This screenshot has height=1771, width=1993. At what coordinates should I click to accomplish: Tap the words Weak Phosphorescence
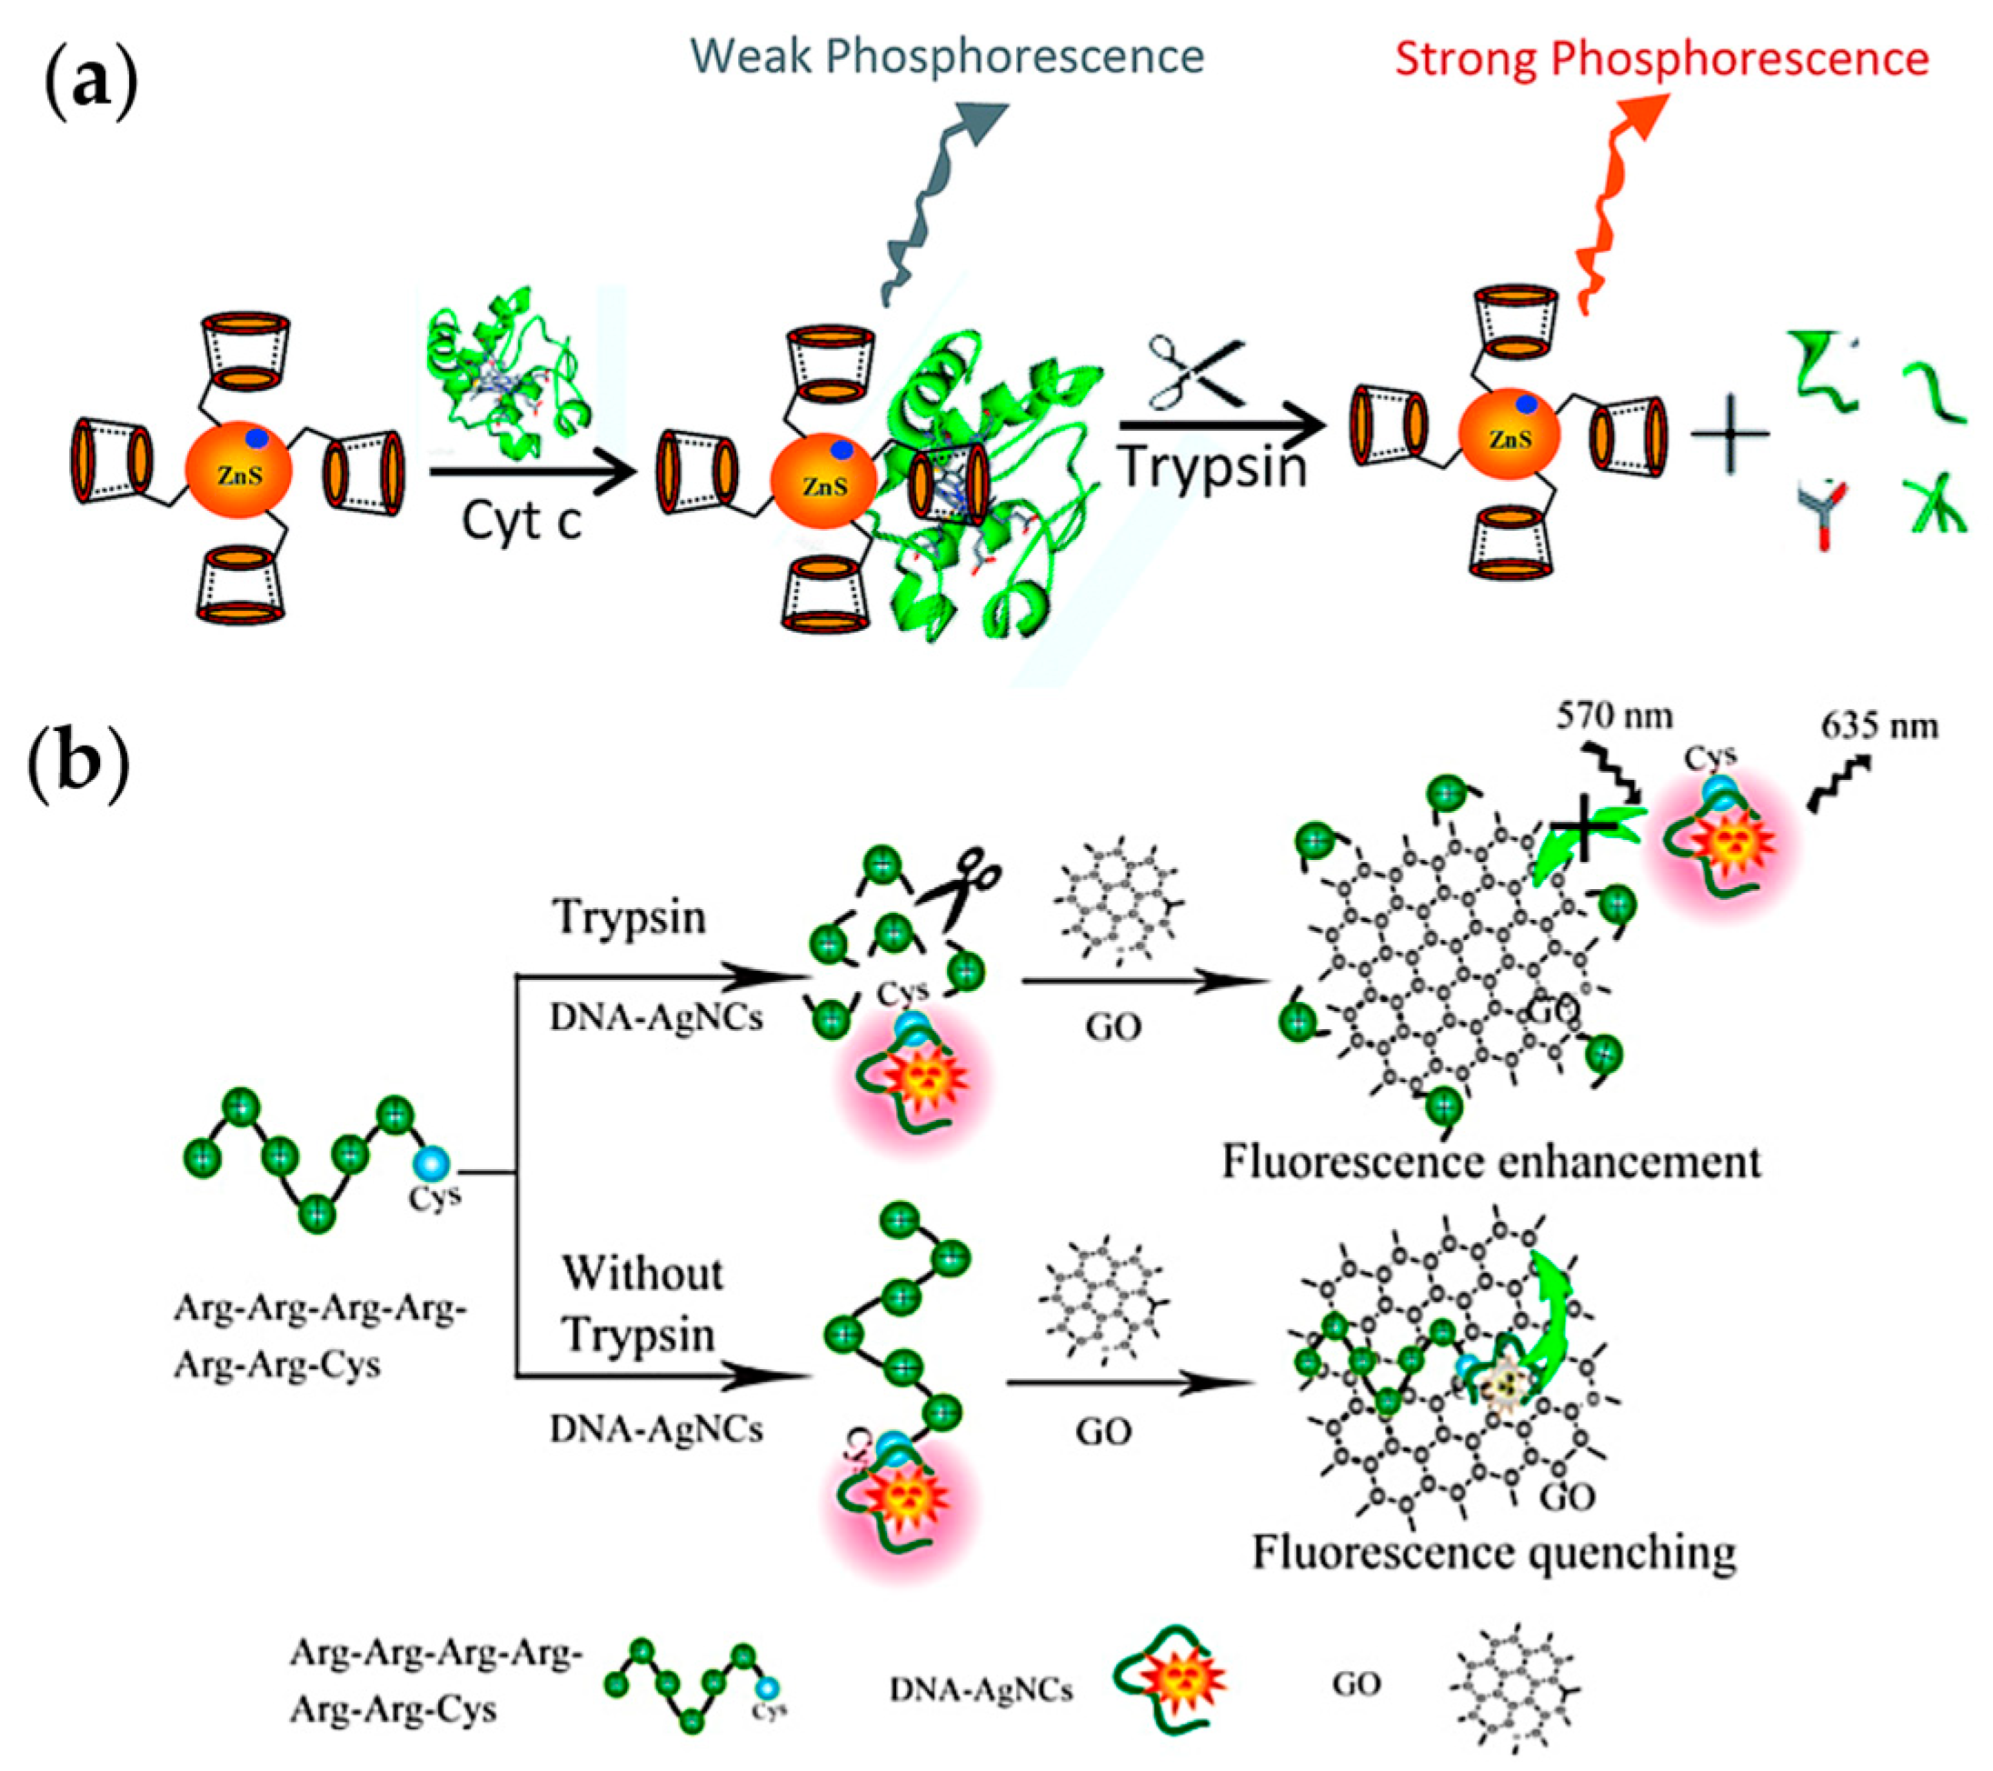pos(947,55)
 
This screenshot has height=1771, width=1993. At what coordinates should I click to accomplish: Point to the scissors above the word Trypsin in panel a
pos(1195,373)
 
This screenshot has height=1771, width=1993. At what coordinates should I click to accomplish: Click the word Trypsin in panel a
pos(1212,466)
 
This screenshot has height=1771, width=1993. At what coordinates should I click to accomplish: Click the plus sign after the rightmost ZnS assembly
pos(1729,434)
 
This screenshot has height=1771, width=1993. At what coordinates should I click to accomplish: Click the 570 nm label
pos(1614,716)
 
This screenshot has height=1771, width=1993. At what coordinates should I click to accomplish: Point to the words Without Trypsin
pos(642,1304)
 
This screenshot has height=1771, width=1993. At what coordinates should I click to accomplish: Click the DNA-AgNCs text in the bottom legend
pos(980,1689)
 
